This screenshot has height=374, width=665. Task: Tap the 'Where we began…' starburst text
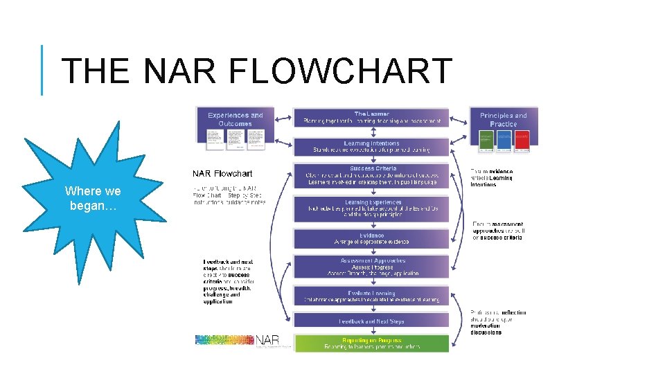click(93, 199)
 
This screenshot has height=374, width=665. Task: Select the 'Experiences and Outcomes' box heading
click(236, 119)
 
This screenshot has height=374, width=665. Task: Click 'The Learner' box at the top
click(371, 117)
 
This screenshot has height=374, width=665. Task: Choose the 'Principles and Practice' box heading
click(503, 119)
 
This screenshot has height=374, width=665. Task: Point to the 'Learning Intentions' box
click(371, 146)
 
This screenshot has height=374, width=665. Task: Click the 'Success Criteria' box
click(371, 175)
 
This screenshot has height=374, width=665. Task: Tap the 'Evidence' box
click(371, 238)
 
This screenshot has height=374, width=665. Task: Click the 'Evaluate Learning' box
click(371, 296)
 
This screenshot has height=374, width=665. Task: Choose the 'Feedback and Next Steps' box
click(371, 321)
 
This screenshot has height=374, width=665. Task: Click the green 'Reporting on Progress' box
click(371, 344)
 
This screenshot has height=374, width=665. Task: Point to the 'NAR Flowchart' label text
click(222, 173)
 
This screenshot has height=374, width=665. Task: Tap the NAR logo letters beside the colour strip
click(267, 340)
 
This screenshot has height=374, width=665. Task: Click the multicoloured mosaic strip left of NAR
click(224, 340)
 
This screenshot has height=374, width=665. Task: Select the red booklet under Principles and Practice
click(522, 141)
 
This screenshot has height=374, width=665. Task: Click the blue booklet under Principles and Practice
click(504, 141)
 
